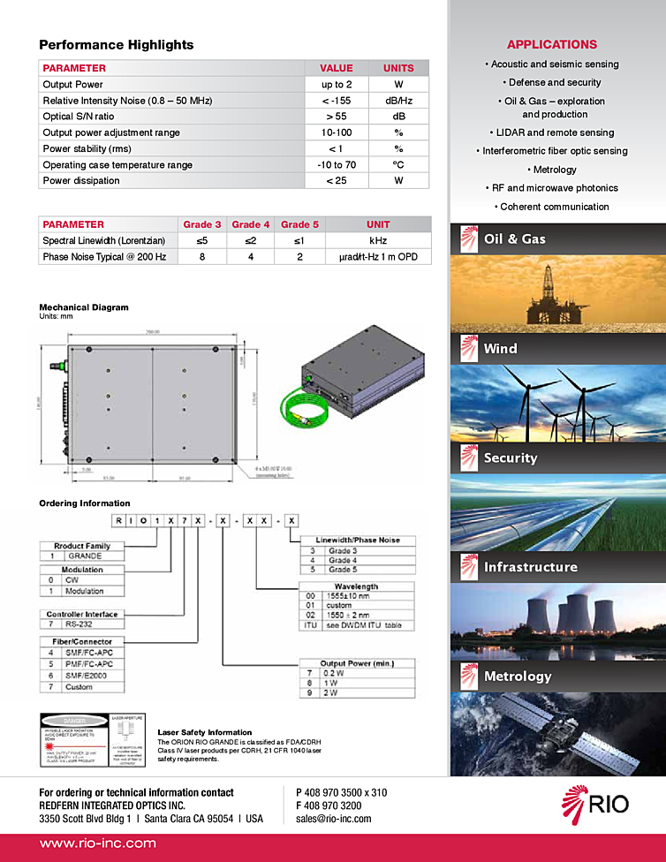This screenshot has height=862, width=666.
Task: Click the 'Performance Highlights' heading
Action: pos(116,45)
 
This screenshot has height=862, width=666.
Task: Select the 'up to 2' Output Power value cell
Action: pos(336,85)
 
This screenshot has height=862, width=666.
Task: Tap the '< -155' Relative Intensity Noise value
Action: pos(336,101)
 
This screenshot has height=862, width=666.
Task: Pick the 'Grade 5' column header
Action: pos(300,224)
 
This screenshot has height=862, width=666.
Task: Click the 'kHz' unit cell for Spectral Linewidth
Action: pos(377,240)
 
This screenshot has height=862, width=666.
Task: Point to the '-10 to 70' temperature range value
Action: pos(336,164)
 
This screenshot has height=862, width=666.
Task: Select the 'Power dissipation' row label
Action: pos(81,181)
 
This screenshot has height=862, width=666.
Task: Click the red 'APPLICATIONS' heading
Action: pos(552,44)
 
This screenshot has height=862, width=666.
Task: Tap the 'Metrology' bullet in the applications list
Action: pos(555,170)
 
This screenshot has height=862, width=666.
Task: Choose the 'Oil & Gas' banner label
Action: pos(515,239)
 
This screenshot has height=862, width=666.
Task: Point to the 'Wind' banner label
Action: pos(500,349)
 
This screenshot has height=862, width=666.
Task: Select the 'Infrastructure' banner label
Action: pos(530,567)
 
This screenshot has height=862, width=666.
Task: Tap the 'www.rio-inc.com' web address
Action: pos(97,843)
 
